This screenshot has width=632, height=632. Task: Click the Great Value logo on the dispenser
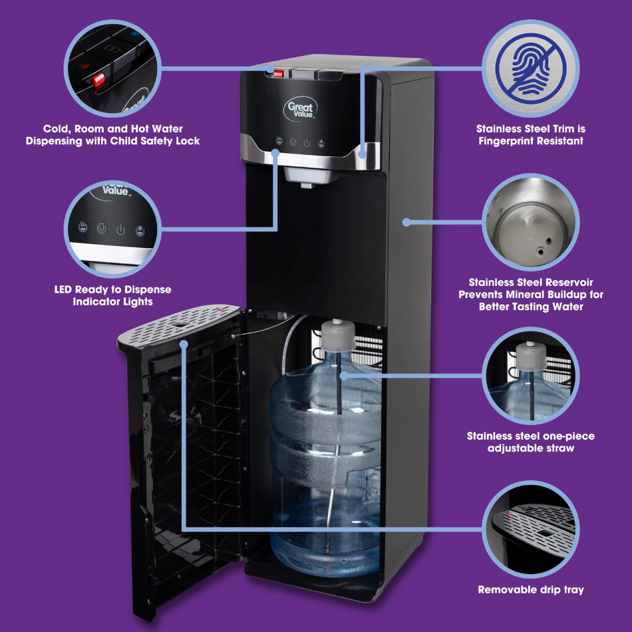pyautogui.click(x=301, y=109)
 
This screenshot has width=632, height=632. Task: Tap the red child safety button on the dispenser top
pyautogui.click(x=279, y=73)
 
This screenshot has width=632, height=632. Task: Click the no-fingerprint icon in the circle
pyautogui.click(x=531, y=69)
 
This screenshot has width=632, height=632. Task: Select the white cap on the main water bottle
pyautogui.click(x=338, y=335)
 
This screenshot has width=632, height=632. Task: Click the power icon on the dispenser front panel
pyautogui.click(x=307, y=142)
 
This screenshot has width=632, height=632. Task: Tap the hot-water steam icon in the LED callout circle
pyautogui.click(x=82, y=226)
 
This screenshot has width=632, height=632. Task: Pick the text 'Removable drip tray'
pyautogui.click(x=531, y=589)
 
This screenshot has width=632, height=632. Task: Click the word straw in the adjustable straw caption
pyautogui.click(x=561, y=448)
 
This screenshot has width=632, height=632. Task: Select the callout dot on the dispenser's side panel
pyautogui.click(x=406, y=222)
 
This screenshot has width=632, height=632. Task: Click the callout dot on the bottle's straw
pyautogui.click(x=343, y=376)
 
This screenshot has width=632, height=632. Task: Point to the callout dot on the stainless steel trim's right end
pyautogui.click(x=363, y=154)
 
